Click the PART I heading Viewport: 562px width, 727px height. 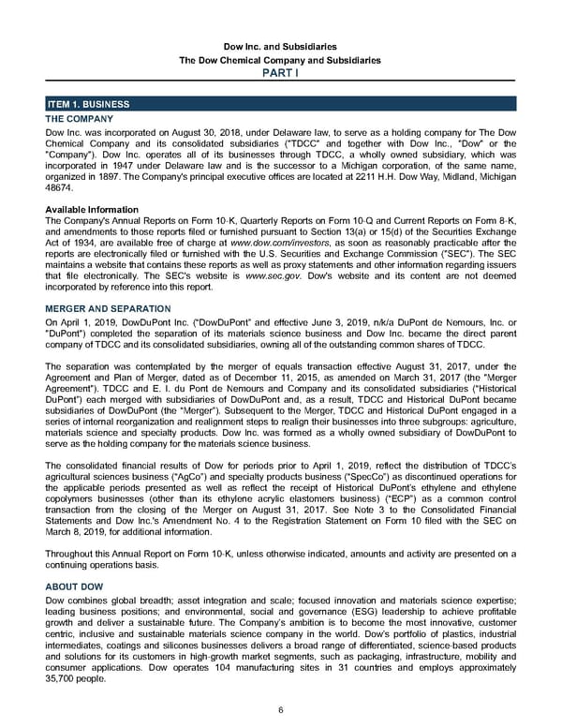(281, 74)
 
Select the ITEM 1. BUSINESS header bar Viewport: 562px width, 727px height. (281, 104)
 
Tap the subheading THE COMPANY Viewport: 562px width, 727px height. (80, 119)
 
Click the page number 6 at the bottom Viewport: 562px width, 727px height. (281, 709)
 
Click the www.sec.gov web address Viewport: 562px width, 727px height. (277, 277)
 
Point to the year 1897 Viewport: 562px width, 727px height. (117, 176)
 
